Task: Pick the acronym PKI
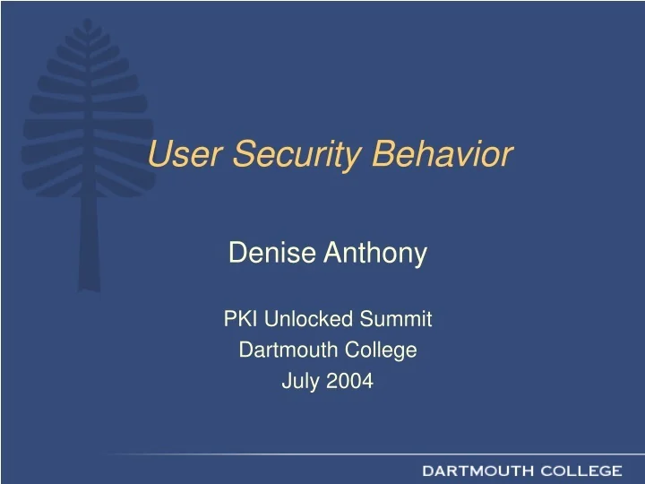(x=237, y=318)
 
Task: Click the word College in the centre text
(x=377, y=350)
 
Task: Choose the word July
(x=300, y=381)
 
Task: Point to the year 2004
(x=350, y=381)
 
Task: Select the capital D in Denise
(x=236, y=255)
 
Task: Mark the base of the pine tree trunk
(x=87, y=287)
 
